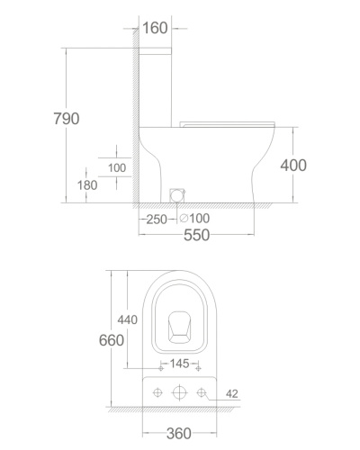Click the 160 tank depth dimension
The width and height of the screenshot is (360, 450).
click(x=155, y=28)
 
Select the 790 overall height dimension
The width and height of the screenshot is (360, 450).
click(x=67, y=119)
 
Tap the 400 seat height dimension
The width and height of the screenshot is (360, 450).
click(x=293, y=166)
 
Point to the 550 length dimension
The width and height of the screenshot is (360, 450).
click(x=196, y=235)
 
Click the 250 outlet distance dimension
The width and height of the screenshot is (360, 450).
click(x=157, y=220)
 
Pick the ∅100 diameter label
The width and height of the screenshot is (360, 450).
click(x=194, y=218)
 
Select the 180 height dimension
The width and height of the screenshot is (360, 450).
click(x=87, y=185)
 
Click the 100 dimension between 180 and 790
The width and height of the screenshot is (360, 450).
click(x=117, y=167)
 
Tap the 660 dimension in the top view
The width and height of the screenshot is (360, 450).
click(x=112, y=340)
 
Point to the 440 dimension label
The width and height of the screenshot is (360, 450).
click(x=128, y=319)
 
